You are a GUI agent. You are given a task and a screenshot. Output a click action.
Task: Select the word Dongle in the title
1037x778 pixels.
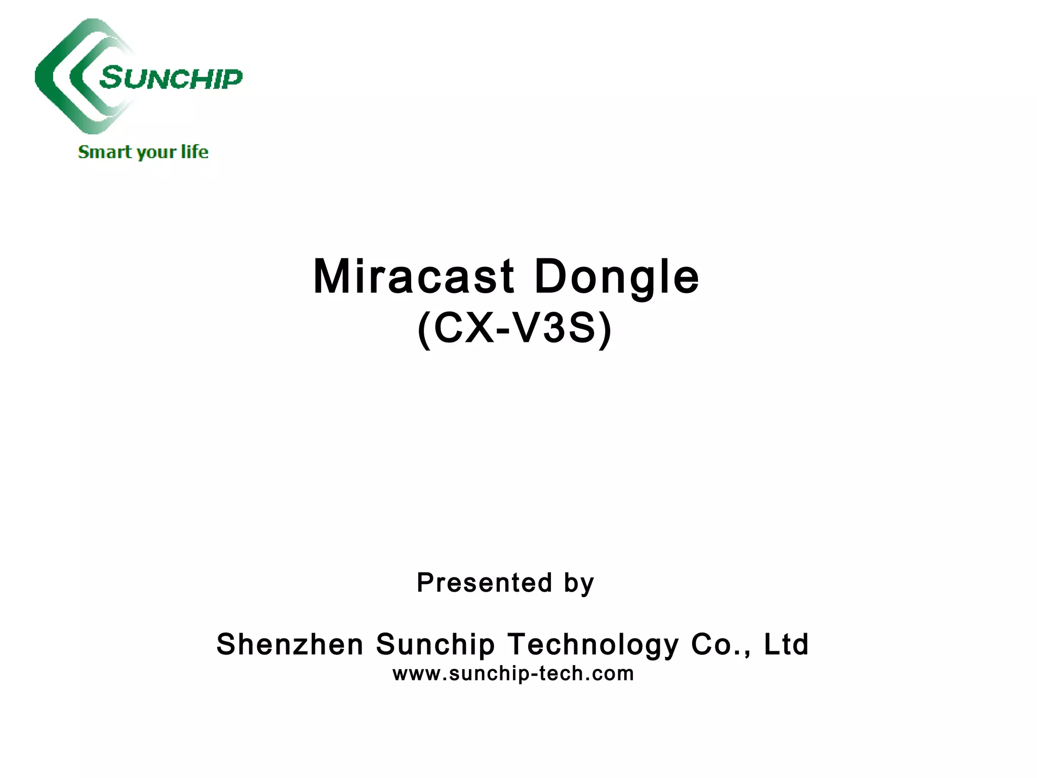click(x=617, y=278)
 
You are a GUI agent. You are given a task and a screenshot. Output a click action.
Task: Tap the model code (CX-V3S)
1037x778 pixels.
click(x=514, y=329)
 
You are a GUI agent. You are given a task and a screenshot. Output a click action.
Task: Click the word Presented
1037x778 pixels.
click(x=484, y=582)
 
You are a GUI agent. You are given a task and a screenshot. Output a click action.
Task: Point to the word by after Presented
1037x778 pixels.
click(x=579, y=583)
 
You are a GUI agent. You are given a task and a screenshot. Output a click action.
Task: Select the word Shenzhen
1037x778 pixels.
click(x=290, y=644)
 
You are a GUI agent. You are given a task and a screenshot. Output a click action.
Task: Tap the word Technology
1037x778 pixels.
click(x=593, y=645)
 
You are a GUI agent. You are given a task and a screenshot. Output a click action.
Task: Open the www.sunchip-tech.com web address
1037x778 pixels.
click(x=513, y=674)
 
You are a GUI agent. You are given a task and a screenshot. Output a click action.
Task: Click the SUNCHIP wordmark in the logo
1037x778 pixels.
click(x=171, y=78)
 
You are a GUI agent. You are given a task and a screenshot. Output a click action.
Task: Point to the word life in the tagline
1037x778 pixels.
click(x=194, y=151)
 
